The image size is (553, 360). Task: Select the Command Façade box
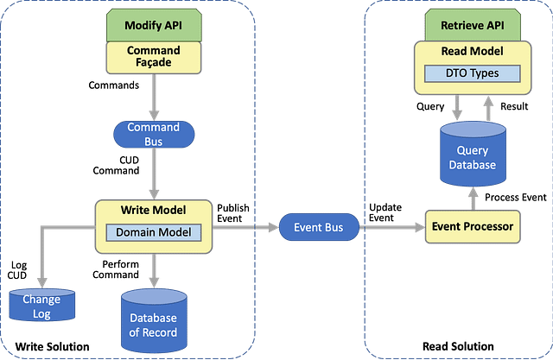153,57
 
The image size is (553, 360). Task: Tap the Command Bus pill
153,134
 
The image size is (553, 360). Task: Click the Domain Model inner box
153,232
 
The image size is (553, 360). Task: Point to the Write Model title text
153,211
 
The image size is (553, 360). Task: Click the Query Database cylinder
473,155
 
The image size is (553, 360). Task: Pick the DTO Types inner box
472,74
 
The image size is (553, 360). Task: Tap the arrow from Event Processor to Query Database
473,198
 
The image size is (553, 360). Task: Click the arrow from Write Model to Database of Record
153,270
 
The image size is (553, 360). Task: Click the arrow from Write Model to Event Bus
246,229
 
